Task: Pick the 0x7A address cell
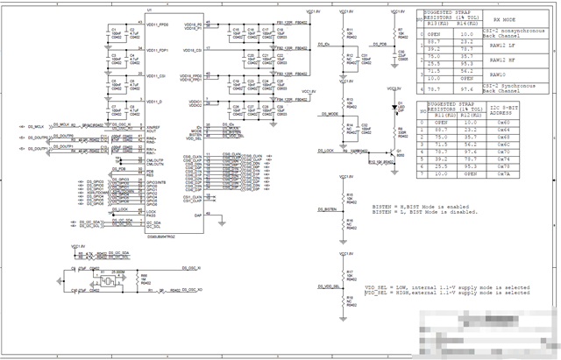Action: click(503, 173)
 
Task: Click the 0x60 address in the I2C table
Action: click(503, 123)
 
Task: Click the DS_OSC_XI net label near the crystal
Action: click(192, 266)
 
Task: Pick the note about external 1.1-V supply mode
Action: click(447, 293)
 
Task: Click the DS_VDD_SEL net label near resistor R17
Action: click(325, 286)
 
